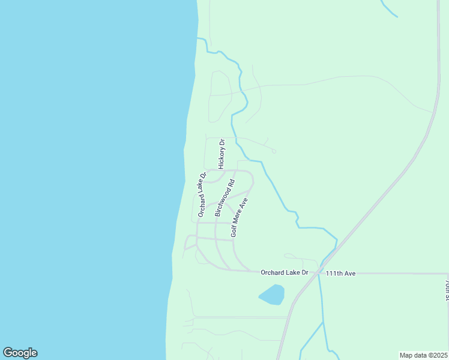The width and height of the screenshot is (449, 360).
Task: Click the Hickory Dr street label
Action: point(221,154)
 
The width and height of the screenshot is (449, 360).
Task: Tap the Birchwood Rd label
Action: point(224,197)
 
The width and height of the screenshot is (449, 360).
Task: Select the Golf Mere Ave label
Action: point(239,217)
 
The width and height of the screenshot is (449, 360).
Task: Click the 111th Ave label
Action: point(341,273)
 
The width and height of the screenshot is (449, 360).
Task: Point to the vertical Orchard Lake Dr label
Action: point(202,194)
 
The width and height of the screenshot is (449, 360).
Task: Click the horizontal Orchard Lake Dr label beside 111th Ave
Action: point(284,272)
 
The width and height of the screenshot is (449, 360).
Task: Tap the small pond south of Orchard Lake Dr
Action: point(271,294)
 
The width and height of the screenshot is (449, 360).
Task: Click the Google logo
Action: point(20,353)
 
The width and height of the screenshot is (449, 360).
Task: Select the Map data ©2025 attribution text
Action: point(423,355)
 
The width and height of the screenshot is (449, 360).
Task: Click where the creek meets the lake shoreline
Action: point(197,38)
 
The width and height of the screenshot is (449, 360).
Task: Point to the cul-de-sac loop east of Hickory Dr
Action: point(274,151)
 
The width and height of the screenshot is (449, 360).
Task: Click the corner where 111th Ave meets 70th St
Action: point(448,274)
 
